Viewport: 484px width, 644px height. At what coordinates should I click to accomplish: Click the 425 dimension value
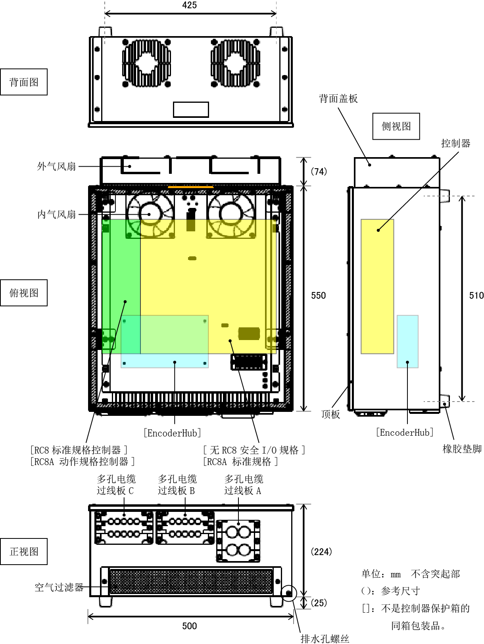[x=189, y=5]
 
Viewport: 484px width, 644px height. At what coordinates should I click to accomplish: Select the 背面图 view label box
[x=24, y=82]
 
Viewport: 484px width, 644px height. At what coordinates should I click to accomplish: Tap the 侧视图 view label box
[x=396, y=126]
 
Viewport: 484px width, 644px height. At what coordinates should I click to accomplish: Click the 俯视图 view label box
[x=24, y=293]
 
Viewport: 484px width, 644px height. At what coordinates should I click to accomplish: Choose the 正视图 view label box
[x=24, y=552]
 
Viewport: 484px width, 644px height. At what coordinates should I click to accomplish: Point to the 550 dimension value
[x=318, y=296]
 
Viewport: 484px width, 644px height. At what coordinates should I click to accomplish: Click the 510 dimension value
[x=476, y=296]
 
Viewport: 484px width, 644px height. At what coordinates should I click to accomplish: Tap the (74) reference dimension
[x=319, y=171]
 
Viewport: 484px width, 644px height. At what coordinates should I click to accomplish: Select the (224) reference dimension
[x=321, y=552]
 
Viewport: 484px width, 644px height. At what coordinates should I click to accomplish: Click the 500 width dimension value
[x=189, y=626]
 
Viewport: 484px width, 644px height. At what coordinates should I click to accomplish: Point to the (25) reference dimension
[x=319, y=603]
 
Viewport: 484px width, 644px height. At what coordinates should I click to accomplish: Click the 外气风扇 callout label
[x=56, y=166]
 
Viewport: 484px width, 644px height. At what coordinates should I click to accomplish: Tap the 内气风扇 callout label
[x=56, y=215]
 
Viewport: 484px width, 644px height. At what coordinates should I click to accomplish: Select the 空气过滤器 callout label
[x=59, y=587]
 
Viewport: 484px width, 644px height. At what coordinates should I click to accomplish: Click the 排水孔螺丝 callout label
[x=325, y=638]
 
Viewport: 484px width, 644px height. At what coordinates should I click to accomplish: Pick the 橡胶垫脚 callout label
[x=462, y=449]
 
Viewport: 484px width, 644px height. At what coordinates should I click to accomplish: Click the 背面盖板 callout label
[x=338, y=98]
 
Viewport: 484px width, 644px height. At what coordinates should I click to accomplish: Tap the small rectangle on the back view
[x=191, y=110]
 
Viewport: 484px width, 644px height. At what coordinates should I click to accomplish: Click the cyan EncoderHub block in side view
[x=407, y=342]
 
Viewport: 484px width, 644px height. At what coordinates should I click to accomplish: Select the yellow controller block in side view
[x=377, y=286]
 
